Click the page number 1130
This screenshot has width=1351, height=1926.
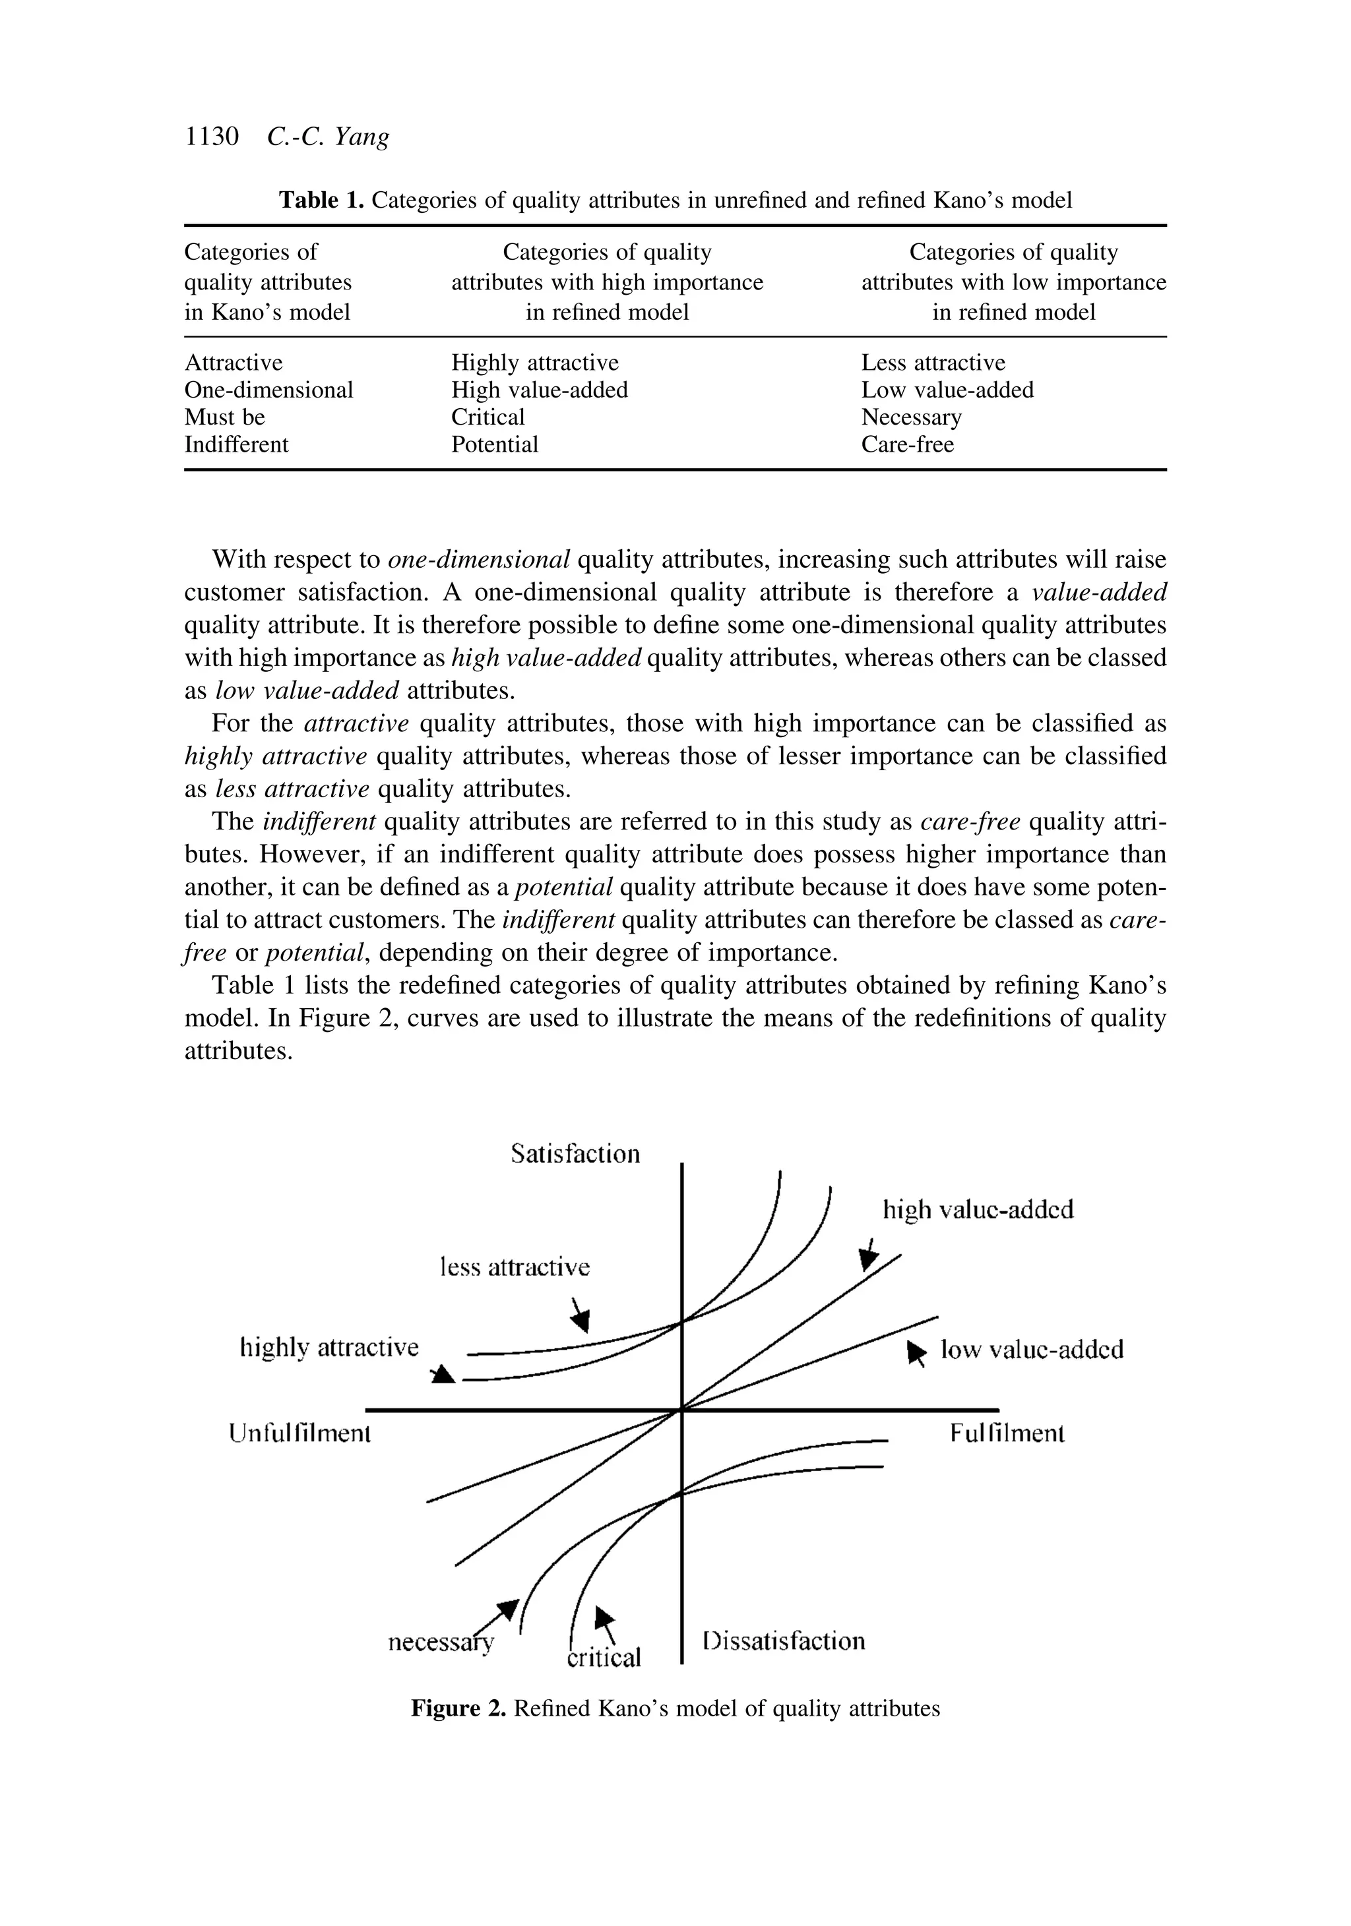(x=212, y=136)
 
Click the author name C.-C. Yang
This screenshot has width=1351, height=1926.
(x=328, y=136)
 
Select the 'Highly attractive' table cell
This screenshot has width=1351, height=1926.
(x=534, y=363)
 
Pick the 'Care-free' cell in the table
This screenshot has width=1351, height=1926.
(x=907, y=444)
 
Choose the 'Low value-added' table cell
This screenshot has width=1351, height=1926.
(x=947, y=390)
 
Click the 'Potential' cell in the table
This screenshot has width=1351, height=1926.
(x=494, y=444)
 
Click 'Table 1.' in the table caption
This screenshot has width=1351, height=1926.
(x=321, y=200)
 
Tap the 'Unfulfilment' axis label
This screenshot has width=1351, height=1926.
(x=299, y=1433)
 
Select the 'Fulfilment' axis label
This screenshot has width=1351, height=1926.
(x=1007, y=1433)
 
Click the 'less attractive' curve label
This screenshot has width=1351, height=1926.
(x=515, y=1267)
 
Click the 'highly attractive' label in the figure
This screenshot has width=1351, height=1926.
(x=329, y=1348)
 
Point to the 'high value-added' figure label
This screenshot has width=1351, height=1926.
(x=978, y=1211)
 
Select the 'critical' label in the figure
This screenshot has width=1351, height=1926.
(x=604, y=1658)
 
